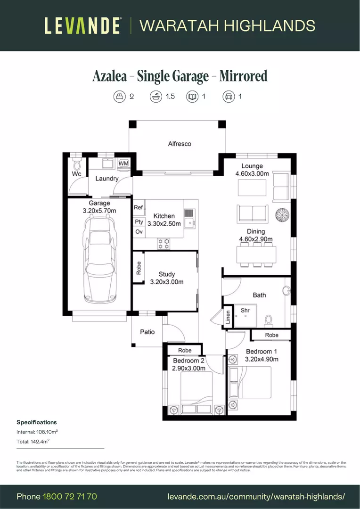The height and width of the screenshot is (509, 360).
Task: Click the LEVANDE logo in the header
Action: click(x=83, y=25)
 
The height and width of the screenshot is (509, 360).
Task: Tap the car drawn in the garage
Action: click(x=99, y=259)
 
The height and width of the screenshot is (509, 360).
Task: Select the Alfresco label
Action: click(x=180, y=144)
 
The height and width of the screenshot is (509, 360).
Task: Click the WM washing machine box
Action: click(x=123, y=164)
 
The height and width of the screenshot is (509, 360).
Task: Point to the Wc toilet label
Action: click(x=76, y=174)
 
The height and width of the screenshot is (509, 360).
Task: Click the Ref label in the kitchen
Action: click(x=139, y=207)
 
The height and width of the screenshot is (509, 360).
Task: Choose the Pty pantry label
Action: click(x=139, y=222)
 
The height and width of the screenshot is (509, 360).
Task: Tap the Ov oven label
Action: click(x=139, y=232)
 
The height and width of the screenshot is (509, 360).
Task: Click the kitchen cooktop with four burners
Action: click(x=164, y=243)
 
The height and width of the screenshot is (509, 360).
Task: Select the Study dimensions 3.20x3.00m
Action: click(x=166, y=282)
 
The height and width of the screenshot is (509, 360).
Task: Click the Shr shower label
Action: click(x=245, y=310)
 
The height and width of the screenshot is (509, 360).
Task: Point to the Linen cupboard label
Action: click(x=228, y=317)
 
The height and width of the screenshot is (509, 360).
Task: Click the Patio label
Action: click(x=147, y=332)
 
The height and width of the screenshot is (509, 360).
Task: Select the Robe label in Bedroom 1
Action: click(x=271, y=335)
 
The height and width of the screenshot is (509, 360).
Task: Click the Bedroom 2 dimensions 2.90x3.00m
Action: click(x=188, y=368)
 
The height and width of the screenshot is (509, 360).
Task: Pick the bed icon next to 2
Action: click(x=120, y=97)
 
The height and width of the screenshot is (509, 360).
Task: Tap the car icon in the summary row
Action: click(x=229, y=97)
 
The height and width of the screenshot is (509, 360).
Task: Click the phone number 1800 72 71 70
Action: click(x=70, y=496)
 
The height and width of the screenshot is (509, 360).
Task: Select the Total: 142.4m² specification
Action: click(x=33, y=441)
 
